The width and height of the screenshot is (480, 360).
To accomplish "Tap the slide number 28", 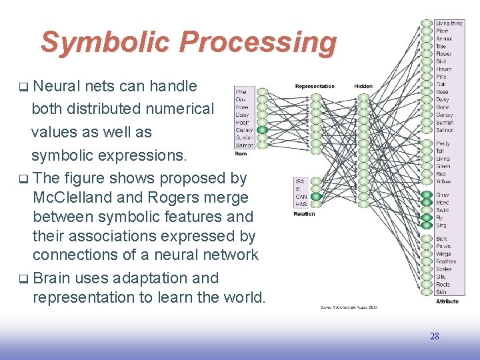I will click(x=435, y=336).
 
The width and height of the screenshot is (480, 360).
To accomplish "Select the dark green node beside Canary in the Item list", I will click(x=262, y=130).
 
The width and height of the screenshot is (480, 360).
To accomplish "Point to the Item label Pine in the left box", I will click(x=242, y=92).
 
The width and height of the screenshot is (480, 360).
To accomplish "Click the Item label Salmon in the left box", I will click(x=244, y=145).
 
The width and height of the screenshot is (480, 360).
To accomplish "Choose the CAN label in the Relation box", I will click(x=301, y=197).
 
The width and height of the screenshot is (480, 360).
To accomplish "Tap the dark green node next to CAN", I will click(x=316, y=197).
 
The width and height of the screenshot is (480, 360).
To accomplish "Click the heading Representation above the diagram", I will click(x=315, y=86).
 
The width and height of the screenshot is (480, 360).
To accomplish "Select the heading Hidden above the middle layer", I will click(x=363, y=86).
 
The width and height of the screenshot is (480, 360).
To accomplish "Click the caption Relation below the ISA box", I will click(x=304, y=214).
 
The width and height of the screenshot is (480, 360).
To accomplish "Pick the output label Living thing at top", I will click(x=449, y=23).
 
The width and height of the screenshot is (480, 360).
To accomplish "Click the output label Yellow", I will click(x=443, y=181).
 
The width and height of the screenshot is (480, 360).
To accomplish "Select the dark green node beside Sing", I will click(x=426, y=225).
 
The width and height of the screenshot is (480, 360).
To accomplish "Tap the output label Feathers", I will click(x=446, y=261).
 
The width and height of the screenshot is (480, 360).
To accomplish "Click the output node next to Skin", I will click(x=426, y=292).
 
